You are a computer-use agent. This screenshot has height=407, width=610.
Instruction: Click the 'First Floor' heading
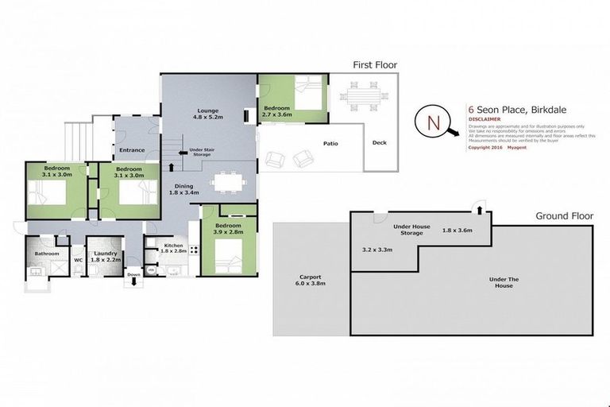click(x=375, y=65)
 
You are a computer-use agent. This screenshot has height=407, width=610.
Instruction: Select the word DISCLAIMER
click(x=485, y=119)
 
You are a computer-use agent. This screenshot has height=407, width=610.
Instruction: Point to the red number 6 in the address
click(x=471, y=110)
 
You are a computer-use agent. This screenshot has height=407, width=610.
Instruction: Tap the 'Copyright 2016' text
click(x=485, y=147)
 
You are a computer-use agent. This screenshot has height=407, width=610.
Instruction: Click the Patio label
click(x=331, y=144)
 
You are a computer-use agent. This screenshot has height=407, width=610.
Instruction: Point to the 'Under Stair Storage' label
click(x=200, y=151)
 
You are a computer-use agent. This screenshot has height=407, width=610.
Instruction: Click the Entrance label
click(x=132, y=149)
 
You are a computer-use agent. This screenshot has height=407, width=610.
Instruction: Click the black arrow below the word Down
click(x=133, y=282)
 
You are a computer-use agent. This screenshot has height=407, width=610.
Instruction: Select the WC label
click(x=79, y=259)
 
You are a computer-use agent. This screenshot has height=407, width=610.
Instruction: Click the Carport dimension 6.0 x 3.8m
click(x=311, y=283)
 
